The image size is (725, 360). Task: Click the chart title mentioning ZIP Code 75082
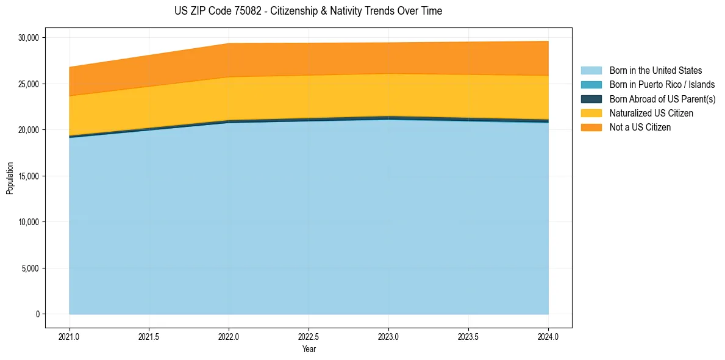coord(308,11)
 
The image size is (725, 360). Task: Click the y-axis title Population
coord(10,178)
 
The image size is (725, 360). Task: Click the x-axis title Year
coord(309,349)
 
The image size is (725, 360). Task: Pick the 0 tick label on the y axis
coord(37,314)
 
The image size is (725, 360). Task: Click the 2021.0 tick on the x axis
coord(70,336)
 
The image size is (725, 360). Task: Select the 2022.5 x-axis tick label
coord(309,336)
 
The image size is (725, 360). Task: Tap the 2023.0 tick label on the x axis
coord(388,336)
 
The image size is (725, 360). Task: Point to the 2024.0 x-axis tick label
coord(548,336)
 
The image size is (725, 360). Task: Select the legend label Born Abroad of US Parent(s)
coord(662,99)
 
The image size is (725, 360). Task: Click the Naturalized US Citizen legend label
coord(651,113)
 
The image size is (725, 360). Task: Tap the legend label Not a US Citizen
coord(640,128)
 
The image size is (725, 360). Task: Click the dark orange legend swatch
coord(591,128)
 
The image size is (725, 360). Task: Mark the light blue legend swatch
coord(591,71)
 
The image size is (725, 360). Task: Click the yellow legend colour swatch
coord(591,113)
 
